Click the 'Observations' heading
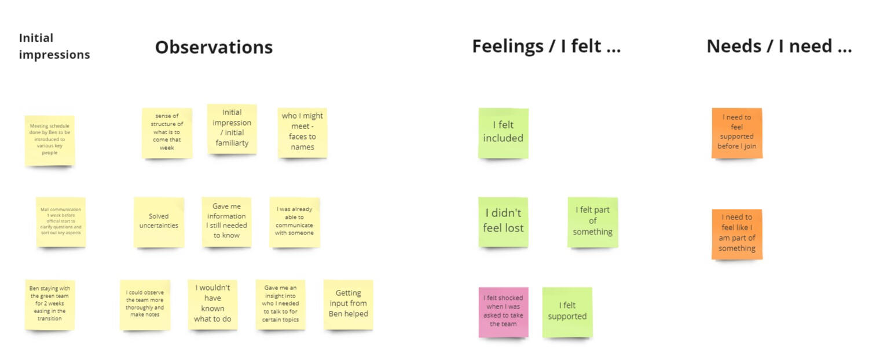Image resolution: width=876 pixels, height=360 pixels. click(214, 47)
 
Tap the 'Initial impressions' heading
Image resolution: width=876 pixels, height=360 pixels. click(54, 46)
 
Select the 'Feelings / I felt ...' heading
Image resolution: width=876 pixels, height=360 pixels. click(546, 46)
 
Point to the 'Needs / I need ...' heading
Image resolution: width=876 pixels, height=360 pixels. click(779, 46)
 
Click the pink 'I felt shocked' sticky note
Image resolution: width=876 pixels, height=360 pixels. click(503, 311)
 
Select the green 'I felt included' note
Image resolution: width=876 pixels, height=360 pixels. click(503, 133)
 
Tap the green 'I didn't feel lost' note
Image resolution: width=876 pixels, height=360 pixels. click(503, 222)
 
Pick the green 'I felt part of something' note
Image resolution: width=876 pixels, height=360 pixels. click(592, 222)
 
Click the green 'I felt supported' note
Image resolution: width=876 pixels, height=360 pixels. click(567, 311)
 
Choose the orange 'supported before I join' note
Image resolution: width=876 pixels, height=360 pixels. click(736, 133)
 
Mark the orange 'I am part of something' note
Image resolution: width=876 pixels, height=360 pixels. click(736, 233)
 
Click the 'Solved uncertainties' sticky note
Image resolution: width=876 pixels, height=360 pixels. click(159, 222)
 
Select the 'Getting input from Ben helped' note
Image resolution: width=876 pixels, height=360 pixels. click(348, 304)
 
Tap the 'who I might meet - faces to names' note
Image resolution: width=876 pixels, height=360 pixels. click(302, 132)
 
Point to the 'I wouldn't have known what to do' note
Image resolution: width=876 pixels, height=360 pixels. click(212, 304)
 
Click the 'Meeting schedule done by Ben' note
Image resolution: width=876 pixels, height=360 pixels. click(50, 140)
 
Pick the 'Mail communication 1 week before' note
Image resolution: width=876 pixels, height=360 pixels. click(61, 222)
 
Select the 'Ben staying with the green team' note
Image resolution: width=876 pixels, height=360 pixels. click(50, 304)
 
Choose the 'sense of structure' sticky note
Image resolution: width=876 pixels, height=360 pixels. click(167, 133)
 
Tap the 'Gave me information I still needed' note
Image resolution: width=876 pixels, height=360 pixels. click(226, 222)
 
